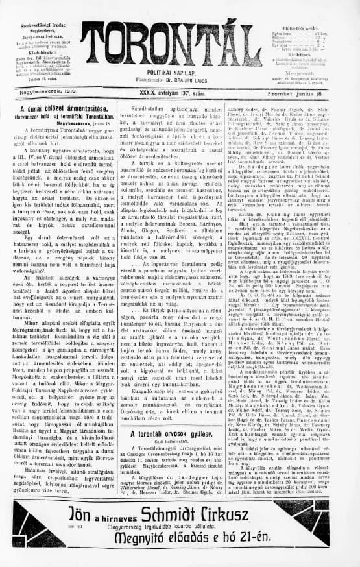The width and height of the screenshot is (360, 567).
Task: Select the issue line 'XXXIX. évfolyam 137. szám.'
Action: pyautogui.click(x=179, y=94)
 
